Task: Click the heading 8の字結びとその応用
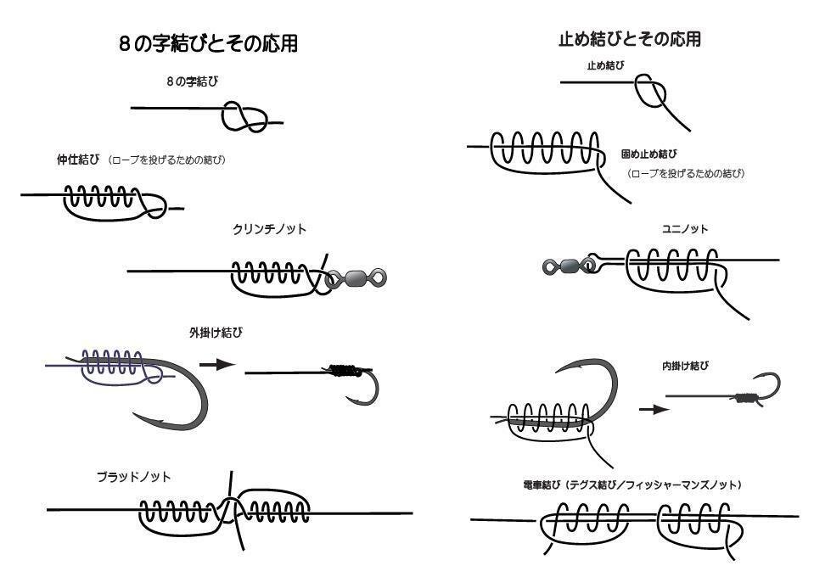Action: (x=208, y=44)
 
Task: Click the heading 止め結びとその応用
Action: (x=629, y=39)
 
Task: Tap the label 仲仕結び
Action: (x=78, y=160)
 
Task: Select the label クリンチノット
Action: (x=269, y=229)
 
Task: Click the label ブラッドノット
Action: (x=133, y=477)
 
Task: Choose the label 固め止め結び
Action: (x=649, y=154)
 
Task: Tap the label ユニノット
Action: (x=684, y=229)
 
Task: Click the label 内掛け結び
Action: (x=685, y=367)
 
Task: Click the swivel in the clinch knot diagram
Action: (x=356, y=277)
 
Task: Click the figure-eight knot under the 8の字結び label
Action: (x=244, y=119)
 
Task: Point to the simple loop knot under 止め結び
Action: (x=653, y=92)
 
